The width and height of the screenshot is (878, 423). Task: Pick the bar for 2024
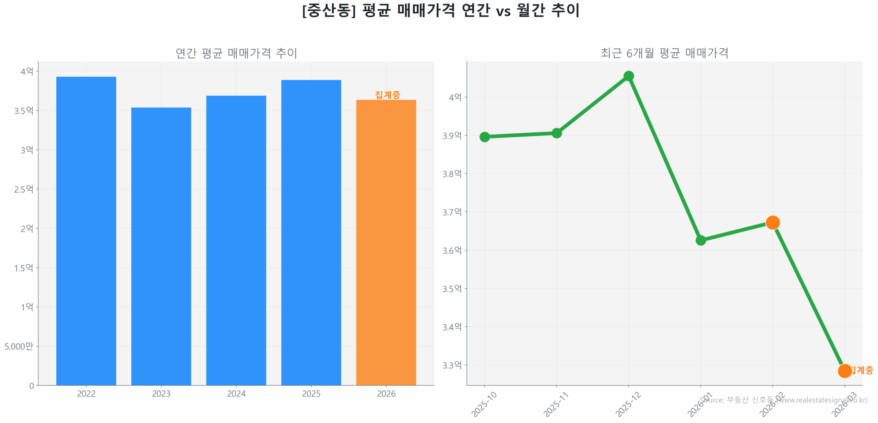[x=236, y=240]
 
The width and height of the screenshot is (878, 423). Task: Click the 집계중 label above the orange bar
[x=387, y=95]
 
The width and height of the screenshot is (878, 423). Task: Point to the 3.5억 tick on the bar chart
[x=24, y=111]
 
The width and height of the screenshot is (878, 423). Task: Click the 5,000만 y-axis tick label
[x=19, y=346]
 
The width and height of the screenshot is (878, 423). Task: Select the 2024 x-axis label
[x=236, y=394]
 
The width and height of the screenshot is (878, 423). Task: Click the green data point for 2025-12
[x=628, y=76]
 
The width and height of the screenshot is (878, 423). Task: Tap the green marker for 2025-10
[x=484, y=137]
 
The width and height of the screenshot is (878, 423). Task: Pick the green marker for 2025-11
[x=556, y=133]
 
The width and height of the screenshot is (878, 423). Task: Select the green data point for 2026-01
[x=700, y=240]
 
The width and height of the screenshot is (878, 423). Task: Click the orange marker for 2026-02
[x=772, y=222]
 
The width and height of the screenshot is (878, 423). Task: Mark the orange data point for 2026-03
[x=844, y=371]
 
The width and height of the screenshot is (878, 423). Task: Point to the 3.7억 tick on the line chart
[x=452, y=212]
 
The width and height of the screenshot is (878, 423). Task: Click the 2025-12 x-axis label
[x=628, y=404]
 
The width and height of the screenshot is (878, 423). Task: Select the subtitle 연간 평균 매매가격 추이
[x=236, y=53]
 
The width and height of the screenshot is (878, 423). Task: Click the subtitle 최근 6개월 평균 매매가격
[x=664, y=53]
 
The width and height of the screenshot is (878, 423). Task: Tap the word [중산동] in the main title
[x=329, y=11]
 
